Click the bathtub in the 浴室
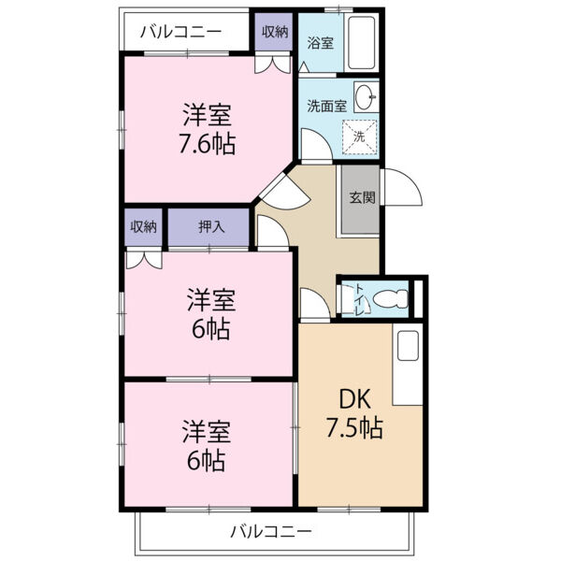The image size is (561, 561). (361, 43)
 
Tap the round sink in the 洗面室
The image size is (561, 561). (366, 97)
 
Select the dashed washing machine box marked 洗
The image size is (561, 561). (360, 137)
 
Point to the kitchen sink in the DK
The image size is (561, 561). (408, 346)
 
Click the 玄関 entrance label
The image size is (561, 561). (362, 197)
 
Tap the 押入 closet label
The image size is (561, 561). (211, 226)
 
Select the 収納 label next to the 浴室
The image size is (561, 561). (275, 32)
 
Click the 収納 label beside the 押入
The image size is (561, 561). (143, 226)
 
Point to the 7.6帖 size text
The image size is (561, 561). (208, 145)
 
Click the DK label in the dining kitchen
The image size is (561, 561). (355, 399)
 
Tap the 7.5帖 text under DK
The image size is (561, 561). (354, 427)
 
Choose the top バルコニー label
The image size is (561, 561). (180, 32)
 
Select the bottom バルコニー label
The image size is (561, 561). (271, 532)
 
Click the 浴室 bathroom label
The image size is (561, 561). (320, 43)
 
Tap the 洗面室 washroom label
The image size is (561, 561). (327, 107)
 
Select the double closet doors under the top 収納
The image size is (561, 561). (272, 65)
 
